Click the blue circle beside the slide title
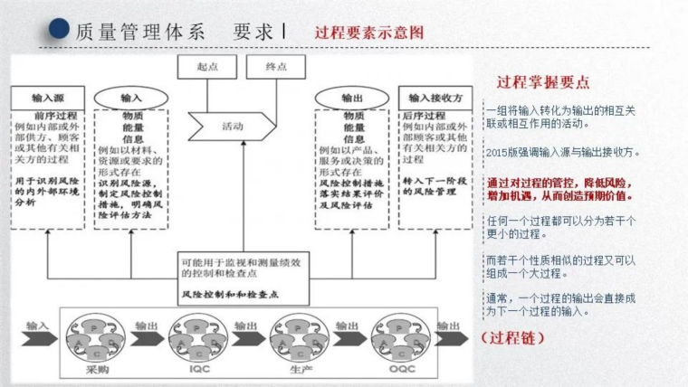tap(58, 30)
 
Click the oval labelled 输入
tap(131, 98)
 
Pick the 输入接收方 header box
tap(435, 98)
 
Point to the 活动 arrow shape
tap(234, 127)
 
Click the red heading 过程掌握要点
tap(543, 82)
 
